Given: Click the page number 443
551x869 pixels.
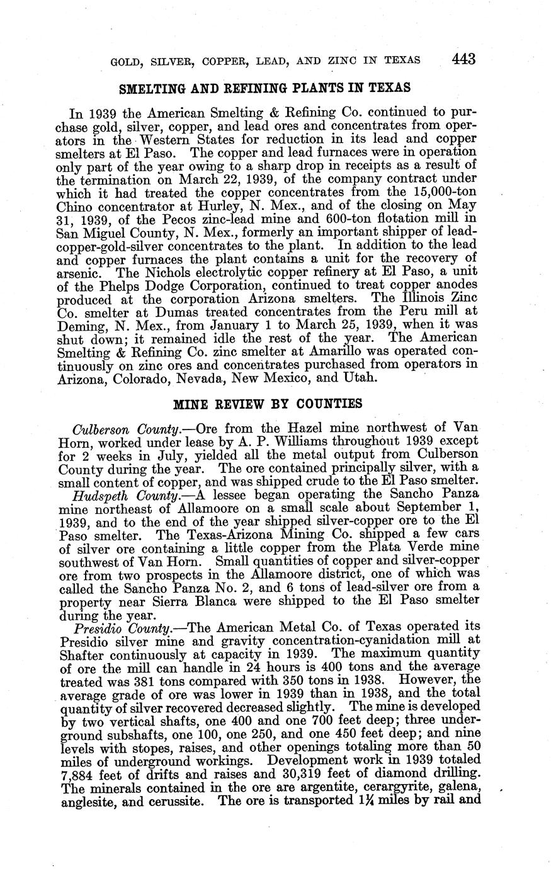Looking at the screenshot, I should (463, 59).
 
